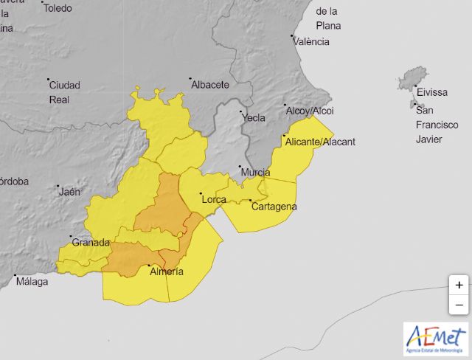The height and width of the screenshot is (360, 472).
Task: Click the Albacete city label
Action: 210,85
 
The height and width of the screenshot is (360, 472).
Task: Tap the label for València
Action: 311,41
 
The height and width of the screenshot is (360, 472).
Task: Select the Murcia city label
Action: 255,173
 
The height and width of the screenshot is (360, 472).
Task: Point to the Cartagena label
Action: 274,207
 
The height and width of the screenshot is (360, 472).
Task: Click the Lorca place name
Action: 214,199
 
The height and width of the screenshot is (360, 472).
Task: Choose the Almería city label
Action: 166,271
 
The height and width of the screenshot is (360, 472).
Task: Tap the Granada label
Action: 91,243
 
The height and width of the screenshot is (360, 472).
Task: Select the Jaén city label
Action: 69,192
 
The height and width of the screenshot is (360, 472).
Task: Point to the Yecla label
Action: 253,117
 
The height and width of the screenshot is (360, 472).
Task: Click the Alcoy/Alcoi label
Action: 310,111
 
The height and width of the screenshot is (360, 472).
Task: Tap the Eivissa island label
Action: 432,93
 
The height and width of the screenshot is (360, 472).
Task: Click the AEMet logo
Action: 435,338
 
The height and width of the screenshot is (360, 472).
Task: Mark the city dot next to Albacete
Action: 190,79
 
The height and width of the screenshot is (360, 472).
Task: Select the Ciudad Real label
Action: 64,91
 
